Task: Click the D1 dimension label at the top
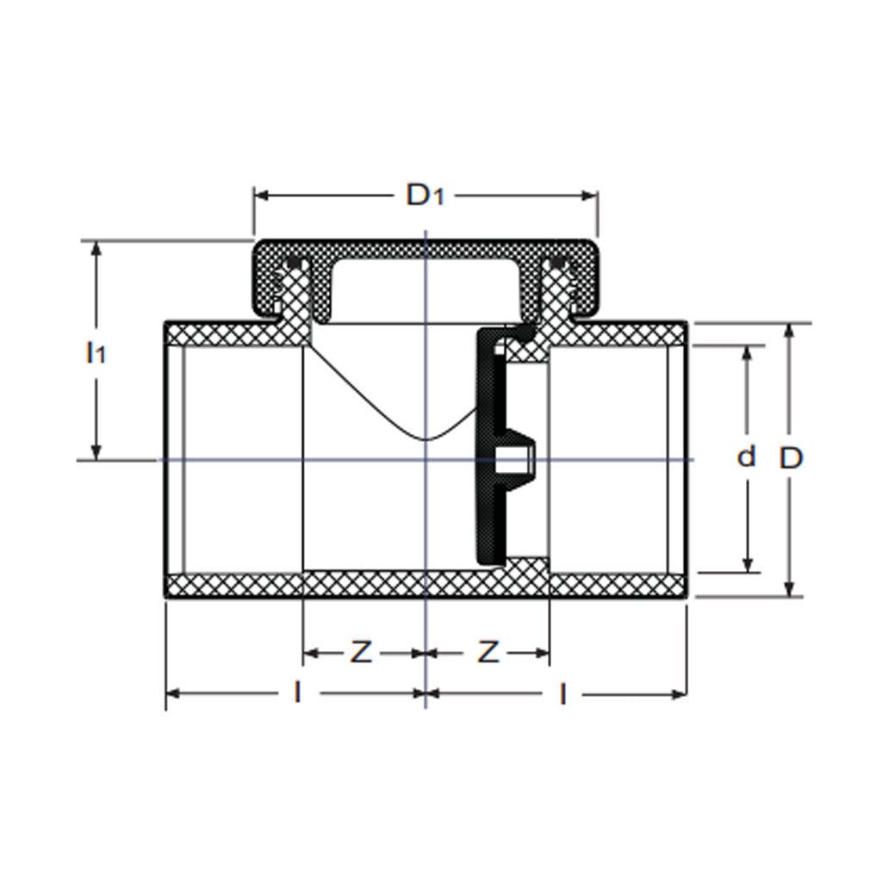coord(425,196)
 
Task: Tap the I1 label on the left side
coord(96,352)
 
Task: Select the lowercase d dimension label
coord(746,457)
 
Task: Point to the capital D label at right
coord(791,458)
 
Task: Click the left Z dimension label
coord(361,653)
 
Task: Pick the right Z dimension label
coord(488,653)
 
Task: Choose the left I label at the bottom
coord(297,693)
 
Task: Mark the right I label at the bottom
coord(562,694)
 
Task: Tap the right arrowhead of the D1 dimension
coord(589,196)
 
